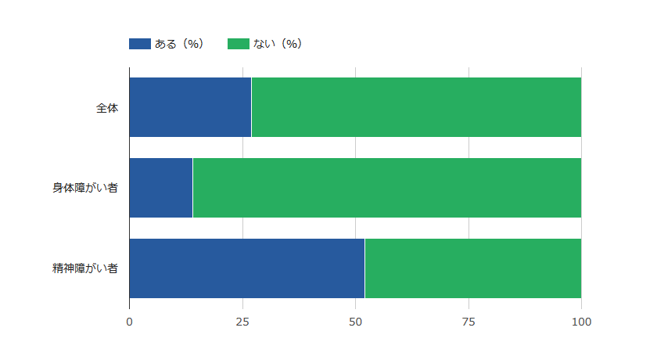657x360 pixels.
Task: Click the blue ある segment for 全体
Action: [x=190, y=107]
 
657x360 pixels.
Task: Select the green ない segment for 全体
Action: [x=416, y=107]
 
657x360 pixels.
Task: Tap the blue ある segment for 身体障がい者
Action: [x=160, y=188]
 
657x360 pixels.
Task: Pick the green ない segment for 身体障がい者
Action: [x=386, y=188]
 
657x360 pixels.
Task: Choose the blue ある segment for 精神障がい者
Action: [x=246, y=268]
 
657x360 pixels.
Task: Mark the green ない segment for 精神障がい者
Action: [x=472, y=268]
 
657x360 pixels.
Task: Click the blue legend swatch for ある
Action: [x=139, y=44]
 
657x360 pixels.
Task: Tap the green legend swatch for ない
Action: [x=238, y=44]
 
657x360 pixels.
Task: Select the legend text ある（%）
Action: [x=179, y=44]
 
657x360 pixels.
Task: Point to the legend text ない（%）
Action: [x=278, y=44]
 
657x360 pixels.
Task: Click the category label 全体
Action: [x=107, y=108]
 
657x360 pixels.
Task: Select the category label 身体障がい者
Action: [x=85, y=189]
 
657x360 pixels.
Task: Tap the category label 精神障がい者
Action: [x=85, y=269]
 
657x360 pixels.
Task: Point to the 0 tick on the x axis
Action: [x=129, y=322]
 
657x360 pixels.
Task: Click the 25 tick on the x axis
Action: [x=242, y=322]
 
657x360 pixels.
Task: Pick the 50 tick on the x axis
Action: [x=355, y=322]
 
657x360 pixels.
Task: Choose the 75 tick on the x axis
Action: [x=469, y=322]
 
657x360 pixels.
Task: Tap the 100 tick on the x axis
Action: [x=581, y=322]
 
